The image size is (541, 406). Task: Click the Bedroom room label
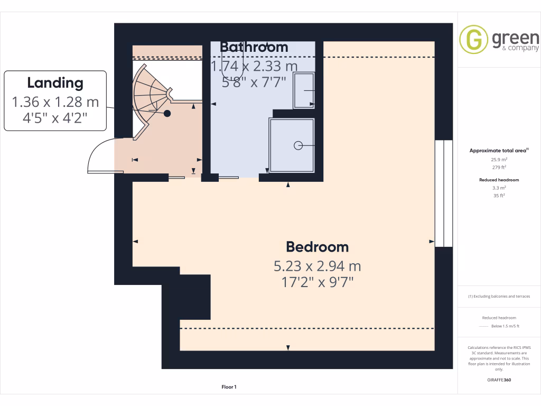click(317, 247)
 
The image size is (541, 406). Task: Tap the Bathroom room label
click(254, 47)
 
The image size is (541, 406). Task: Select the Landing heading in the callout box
click(55, 83)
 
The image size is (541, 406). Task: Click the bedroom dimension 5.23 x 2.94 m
click(317, 265)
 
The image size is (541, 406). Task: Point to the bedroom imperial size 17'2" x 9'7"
click(317, 282)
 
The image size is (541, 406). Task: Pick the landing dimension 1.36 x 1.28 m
click(55, 101)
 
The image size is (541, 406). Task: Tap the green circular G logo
click(473, 40)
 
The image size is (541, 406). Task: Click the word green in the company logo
click(515, 38)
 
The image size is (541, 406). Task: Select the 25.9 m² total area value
click(499, 159)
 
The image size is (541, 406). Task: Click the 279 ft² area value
click(499, 167)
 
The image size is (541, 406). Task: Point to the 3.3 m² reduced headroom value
click(499, 188)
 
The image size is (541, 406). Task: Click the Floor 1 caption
click(229, 387)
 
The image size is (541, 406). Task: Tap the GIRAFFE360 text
click(499, 380)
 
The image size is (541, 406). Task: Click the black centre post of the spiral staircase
click(167, 113)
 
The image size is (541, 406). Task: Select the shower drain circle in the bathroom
click(298, 145)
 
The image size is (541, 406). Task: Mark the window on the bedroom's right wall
click(444, 193)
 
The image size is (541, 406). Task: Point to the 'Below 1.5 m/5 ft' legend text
click(505, 326)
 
